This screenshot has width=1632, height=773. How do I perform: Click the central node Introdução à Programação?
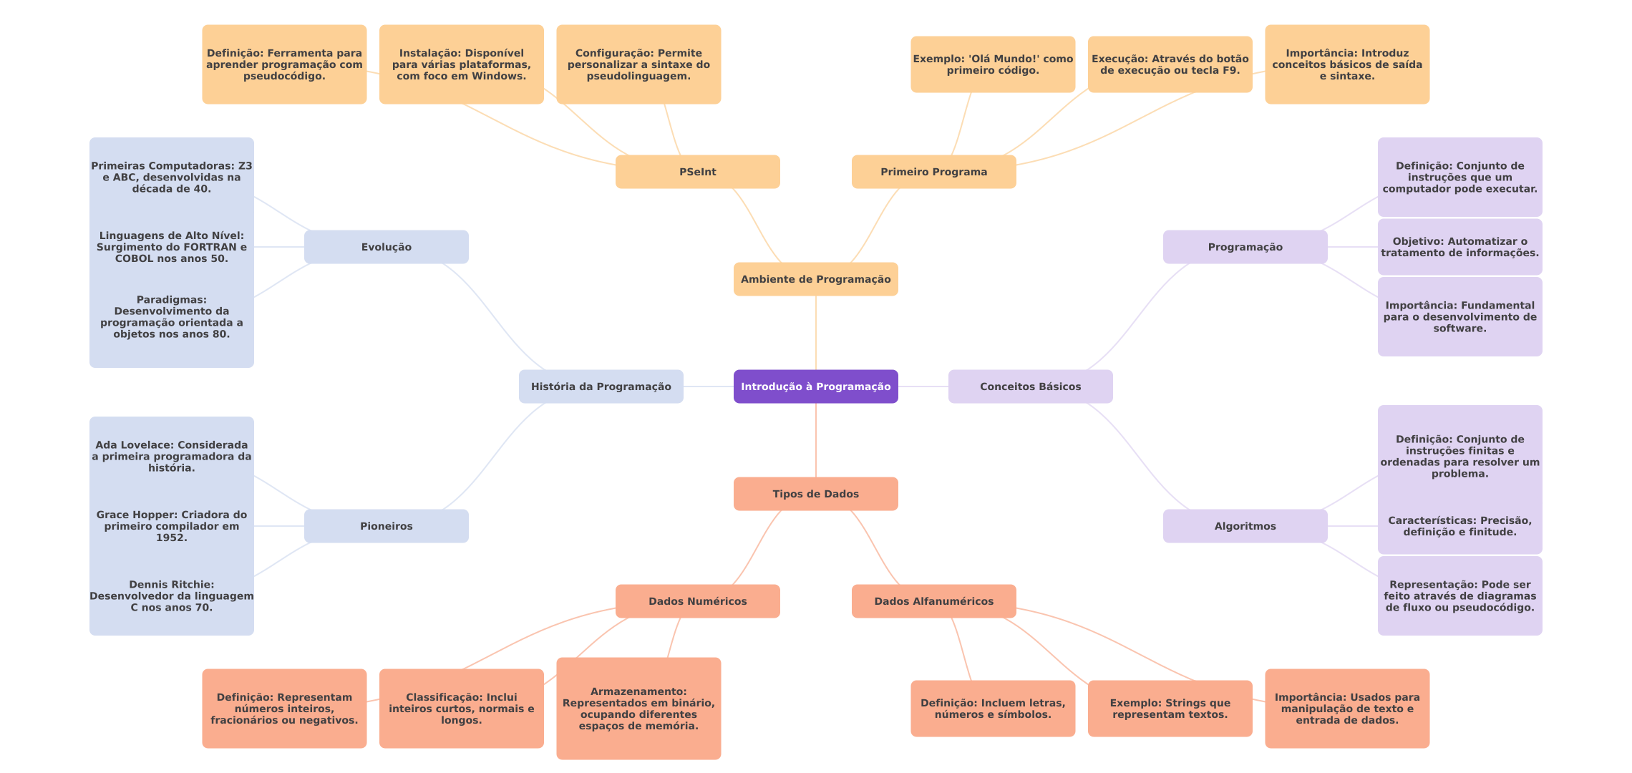[815, 386]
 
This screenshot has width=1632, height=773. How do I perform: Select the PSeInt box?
[697, 172]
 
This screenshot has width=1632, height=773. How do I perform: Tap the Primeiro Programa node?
[933, 172]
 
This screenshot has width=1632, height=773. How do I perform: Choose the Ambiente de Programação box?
[815, 279]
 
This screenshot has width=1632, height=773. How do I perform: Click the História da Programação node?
[601, 386]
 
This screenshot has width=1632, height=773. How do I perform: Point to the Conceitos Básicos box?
[1030, 386]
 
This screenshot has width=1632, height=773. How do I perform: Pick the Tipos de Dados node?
[815, 494]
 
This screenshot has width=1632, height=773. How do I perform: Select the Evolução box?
[386, 247]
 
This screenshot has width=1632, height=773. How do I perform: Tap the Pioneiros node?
[386, 526]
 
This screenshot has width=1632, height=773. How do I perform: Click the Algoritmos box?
[1245, 526]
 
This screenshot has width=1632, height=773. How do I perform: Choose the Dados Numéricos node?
[697, 601]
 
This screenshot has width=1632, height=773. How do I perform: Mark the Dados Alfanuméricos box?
[933, 601]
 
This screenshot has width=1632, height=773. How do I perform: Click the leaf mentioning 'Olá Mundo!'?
[992, 64]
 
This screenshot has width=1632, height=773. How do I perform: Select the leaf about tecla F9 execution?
[1170, 64]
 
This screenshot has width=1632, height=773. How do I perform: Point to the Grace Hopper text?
[172, 526]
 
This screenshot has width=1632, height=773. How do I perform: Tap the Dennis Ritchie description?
[172, 596]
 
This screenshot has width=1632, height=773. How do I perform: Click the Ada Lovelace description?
[172, 457]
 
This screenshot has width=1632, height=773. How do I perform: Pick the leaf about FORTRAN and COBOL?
[172, 247]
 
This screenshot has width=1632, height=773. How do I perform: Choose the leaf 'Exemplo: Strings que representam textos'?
[1170, 709]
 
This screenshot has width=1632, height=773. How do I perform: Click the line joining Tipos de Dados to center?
[816, 440]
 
